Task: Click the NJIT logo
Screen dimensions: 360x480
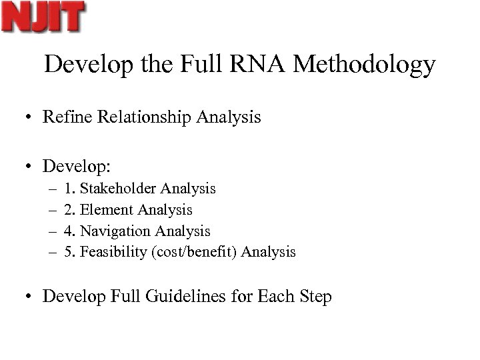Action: tap(43, 17)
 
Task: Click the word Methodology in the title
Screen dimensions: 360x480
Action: tap(364, 65)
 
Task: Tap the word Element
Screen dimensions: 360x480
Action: tap(107, 210)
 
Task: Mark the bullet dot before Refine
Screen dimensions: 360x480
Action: tap(30, 118)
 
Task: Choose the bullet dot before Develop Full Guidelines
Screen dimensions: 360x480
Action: tap(30, 297)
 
